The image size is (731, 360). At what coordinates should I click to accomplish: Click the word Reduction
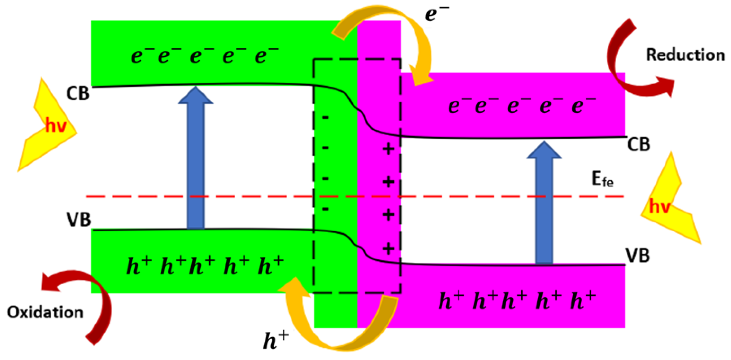coord(685,55)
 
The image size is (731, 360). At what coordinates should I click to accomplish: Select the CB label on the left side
coord(77,93)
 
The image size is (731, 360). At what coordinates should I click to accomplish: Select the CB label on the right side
coord(639,144)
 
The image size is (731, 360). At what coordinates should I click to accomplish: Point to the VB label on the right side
coord(638,255)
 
